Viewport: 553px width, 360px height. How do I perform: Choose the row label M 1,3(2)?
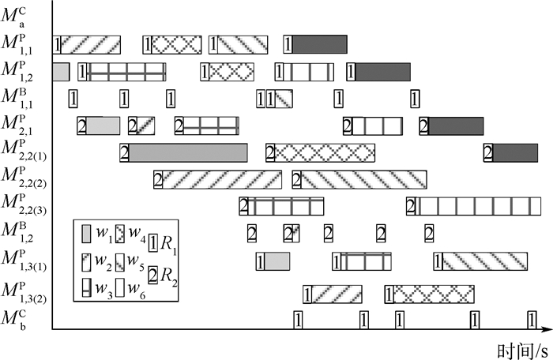pos(24,294)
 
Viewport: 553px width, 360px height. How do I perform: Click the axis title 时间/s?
pos(522,347)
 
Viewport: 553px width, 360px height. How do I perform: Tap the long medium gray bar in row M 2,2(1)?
pos(188,152)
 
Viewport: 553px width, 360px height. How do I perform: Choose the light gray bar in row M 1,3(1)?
pos(277,261)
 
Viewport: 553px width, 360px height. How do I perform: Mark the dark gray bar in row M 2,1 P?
pos(455,126)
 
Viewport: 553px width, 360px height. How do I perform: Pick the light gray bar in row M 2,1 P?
pos(103,126)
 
